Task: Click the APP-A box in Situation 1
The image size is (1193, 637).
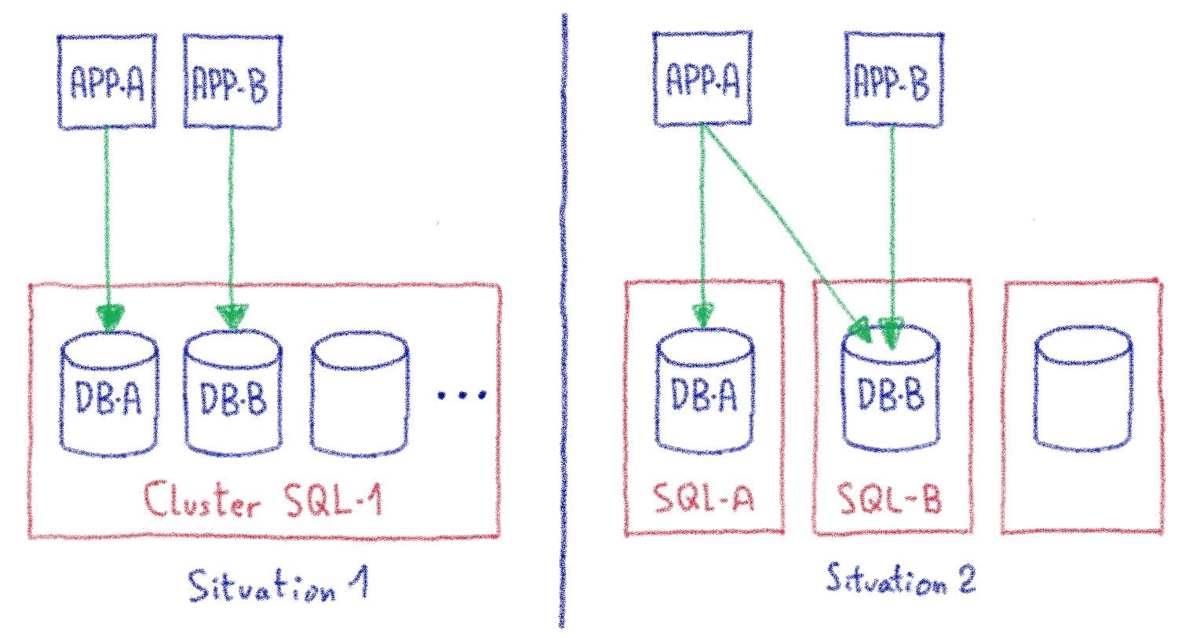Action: click(106, 82)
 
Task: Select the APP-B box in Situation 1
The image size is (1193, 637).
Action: click(232, 82)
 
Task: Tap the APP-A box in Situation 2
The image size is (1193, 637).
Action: click(702, 78)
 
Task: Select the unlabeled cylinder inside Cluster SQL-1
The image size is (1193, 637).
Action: click(359, 397)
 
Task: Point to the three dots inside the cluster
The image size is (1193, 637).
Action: click(462, 395)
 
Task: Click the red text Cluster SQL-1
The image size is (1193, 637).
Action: click(263, 501)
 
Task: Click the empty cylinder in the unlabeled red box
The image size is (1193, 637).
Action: click(1082, 390)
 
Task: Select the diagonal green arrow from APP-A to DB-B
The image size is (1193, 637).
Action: click(785, 228)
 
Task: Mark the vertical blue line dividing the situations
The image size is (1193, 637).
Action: click(563, 314)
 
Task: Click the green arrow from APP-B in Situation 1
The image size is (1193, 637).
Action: click(232, 228)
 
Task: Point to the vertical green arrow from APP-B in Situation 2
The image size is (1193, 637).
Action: click(892, 228)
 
